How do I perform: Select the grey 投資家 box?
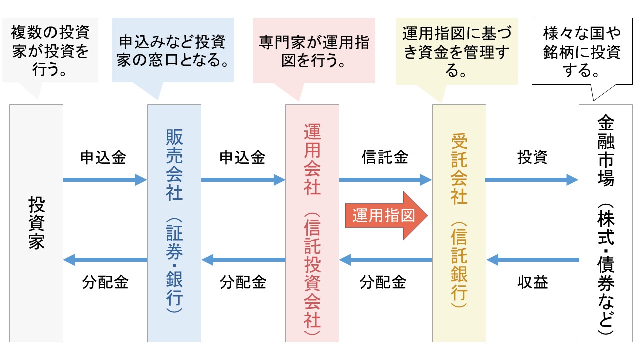coord(36,223)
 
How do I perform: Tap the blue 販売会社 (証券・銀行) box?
coord(174,223)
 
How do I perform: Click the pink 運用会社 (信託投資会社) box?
coord(312,223)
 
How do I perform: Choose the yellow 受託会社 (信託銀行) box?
coord(459,223)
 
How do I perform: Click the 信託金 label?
coord(385,158)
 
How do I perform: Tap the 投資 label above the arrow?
coord(532,158)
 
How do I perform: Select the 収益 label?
coord(532,283)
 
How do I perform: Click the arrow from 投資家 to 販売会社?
coord(105,180)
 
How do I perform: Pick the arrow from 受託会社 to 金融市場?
coord(532,180)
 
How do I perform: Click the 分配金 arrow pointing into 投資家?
coord(105,260)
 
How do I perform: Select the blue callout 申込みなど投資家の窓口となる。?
coord(173,50)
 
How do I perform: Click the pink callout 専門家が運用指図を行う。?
coord(314,50)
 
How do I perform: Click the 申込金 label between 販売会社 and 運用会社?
coord(242,158)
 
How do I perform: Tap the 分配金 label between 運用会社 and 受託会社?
coord(383,283)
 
